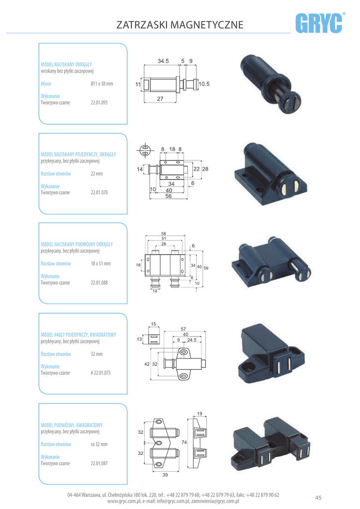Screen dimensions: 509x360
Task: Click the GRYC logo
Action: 321,23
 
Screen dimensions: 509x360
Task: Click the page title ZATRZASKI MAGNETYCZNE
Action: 180,24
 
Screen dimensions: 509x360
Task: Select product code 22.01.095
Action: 99,103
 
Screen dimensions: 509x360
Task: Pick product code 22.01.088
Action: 99,282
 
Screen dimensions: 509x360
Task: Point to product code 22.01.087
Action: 99,462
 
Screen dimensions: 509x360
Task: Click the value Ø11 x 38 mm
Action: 102,84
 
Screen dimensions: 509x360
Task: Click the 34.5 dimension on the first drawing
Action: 163,61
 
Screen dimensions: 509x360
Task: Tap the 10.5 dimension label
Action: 204,85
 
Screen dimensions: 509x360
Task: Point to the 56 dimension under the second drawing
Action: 169,196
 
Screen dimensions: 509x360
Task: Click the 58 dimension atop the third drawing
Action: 164,234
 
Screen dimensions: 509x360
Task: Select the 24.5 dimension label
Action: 192,340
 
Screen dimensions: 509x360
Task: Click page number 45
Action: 318,498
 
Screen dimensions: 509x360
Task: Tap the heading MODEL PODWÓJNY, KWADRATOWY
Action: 72,425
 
